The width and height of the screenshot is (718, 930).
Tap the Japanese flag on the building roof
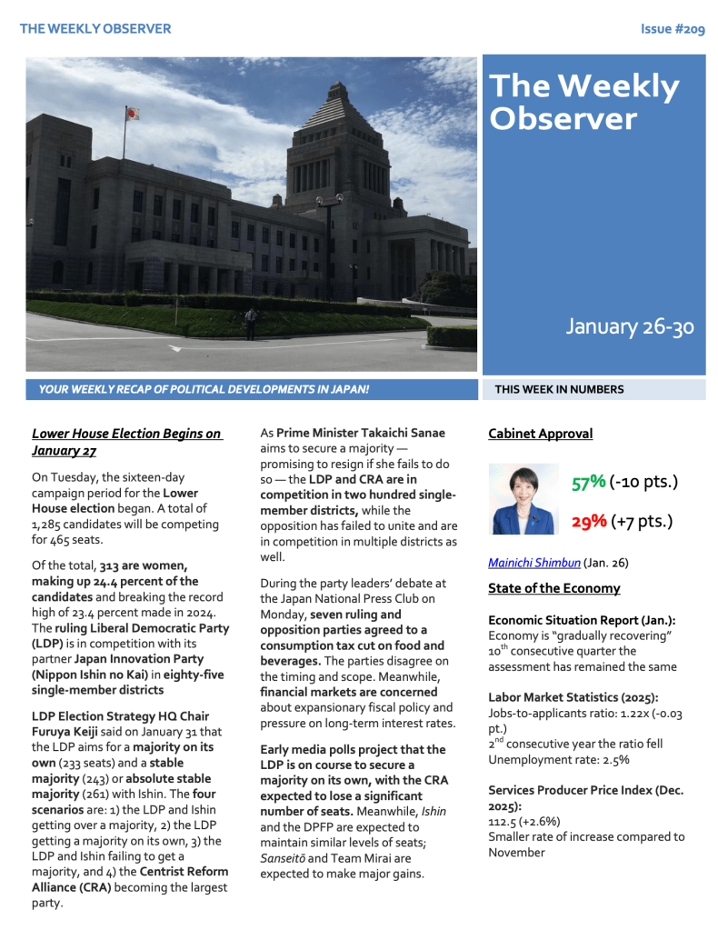point(132,114)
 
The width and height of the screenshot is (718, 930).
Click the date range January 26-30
point(630,326)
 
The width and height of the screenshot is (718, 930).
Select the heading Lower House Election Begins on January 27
point(126,442)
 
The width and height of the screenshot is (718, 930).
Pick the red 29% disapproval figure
point(588,521)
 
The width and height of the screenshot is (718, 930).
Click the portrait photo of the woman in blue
point(523,499)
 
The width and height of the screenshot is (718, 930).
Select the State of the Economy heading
point(553,588)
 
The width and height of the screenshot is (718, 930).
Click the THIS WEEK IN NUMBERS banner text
point(559,389)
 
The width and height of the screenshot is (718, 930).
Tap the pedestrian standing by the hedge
point(250,322)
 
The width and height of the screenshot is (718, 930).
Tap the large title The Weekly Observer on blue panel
point(583,102)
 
